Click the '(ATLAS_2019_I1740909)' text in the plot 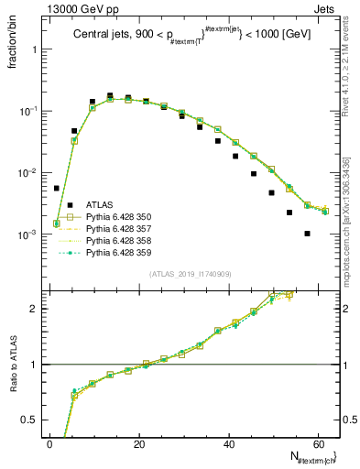point(191,274)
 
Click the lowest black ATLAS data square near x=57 point(307,234)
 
